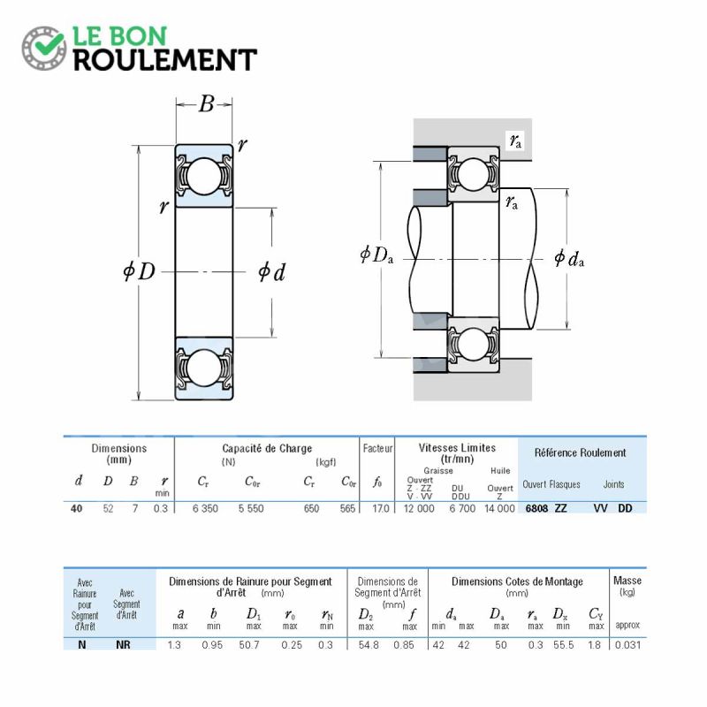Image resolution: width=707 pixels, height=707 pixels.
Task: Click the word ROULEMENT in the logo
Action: coord(165,60)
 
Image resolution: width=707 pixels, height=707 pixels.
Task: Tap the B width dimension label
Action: coord(206,104)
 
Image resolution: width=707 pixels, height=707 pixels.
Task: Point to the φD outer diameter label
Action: coord(140,271)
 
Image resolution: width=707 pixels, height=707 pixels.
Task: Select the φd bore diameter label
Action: coord(272,272)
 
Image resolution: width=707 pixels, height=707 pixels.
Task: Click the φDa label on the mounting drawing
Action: coord(376,255)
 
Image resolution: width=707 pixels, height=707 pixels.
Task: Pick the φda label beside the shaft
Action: coord(569,258)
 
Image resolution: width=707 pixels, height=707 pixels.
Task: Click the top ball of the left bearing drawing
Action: coord(204,176)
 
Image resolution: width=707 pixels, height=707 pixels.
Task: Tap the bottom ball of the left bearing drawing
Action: coord(204,369)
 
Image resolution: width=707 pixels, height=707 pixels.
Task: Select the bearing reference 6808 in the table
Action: coord(536,508)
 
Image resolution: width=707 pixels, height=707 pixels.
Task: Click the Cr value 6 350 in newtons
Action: coord(205,509)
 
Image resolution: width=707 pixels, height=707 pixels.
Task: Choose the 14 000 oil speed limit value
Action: coord(499,509)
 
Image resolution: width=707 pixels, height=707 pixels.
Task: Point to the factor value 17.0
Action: coord(381,509)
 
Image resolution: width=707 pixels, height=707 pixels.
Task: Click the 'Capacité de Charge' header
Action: coord(267,448)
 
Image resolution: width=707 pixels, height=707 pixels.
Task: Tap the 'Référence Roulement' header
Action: coord(581,452)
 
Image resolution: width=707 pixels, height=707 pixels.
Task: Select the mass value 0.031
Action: coord(627,645)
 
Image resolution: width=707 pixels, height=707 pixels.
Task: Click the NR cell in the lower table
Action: coord(123,645)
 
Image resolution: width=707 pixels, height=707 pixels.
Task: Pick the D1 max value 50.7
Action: coord(249,645)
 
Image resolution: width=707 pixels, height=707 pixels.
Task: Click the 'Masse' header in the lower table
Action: coord(627,581)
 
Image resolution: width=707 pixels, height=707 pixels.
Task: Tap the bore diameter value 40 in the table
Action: coord(77,509)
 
